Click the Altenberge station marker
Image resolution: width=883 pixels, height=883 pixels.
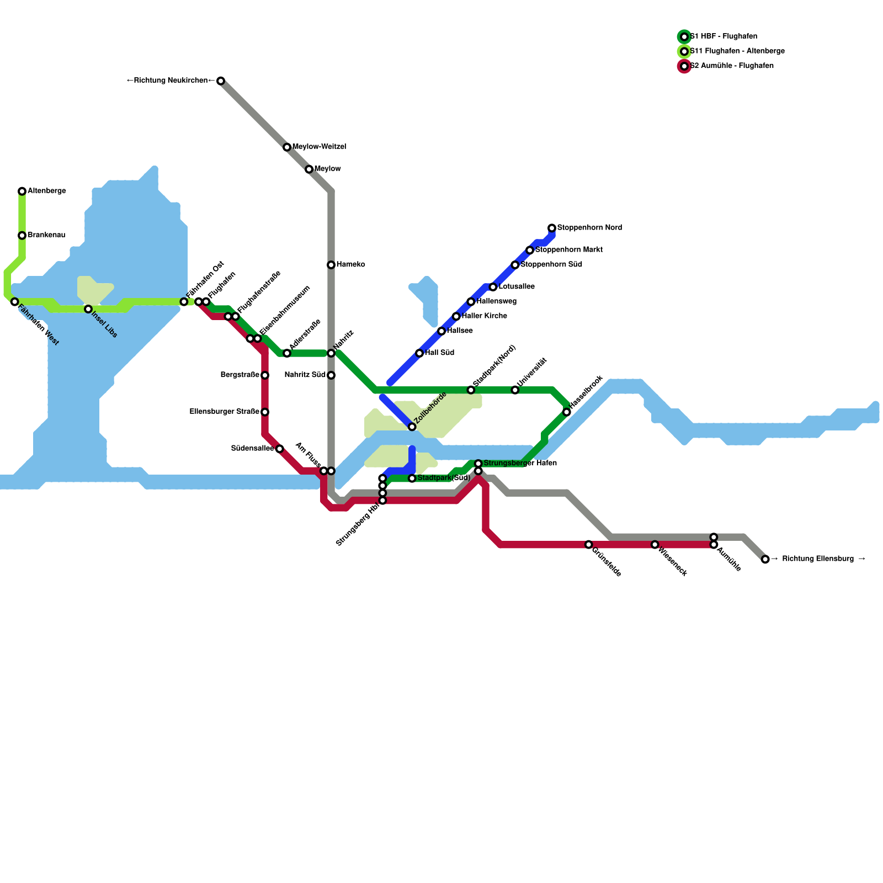pyautogui.click(x=22, y=192)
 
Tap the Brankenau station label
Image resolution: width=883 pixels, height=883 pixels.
pyautogui.click(x=46, y=236)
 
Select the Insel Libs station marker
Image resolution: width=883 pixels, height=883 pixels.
pyautogui.click(x=88, y=309)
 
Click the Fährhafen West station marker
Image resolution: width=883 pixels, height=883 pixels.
pyautogui.click(x=15, y=302)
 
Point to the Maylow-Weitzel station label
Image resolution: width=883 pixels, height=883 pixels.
pyautogui.click(x=319, y=147)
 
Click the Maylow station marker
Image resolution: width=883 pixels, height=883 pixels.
pyautogui.click(x=309, y=169)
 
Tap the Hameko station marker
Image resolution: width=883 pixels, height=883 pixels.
pyautogui.click(x=331, y=265)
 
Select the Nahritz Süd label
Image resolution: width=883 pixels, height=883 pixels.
pyautogui.click(x=305, y=375)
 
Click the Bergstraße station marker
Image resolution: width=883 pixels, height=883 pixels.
pyautogui.click(x=265, y=375)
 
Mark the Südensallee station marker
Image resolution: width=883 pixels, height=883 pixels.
pyautogui.click(x=280, y=449)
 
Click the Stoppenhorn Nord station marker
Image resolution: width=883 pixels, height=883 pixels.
pyautogui.click(x=552, y=228)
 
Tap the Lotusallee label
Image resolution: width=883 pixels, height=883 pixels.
pyautogui.click(x=517, y=287)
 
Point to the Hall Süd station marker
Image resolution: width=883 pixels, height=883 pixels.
pyautogui.click(x=419, y=353)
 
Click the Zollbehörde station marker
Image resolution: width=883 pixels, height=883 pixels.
pyautogui.click(x=412, y=427)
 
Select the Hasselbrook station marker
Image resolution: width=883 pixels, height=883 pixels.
pyautogui.click(x=567, y=412)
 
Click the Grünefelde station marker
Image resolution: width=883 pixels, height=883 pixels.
pyautogui.click(x=589, y=545)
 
